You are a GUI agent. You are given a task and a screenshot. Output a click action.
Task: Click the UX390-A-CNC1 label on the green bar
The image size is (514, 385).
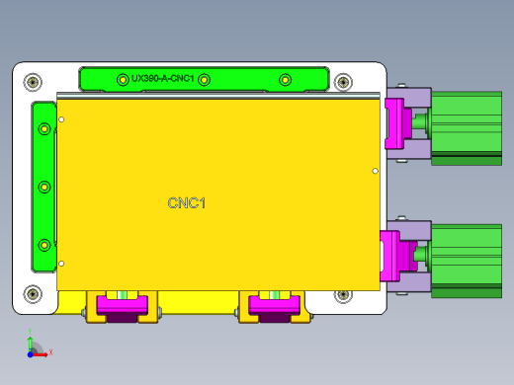[x=162, y=79]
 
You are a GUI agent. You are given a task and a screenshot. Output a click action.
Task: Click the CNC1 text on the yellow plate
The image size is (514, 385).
[x=187, y=203]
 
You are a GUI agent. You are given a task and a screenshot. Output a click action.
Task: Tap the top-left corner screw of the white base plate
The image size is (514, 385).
[x=33, y=81]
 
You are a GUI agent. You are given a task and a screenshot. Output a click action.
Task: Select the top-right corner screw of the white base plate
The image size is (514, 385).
[x=343, y=81]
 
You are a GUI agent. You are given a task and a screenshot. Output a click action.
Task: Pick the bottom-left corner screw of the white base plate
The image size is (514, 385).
[x=33, y=293]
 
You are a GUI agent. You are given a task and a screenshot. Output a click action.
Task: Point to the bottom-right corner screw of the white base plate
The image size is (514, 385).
[x=343, y=294]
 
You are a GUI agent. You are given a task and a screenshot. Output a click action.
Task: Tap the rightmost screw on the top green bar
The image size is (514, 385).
[x=286, y=79]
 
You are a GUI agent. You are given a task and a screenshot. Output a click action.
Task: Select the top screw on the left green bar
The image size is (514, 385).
[x=43, y=129]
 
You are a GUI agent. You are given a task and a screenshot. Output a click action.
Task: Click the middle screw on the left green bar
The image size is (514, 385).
[x=43, y=186]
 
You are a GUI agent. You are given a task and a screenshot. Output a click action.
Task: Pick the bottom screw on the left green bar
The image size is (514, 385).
[x=43, y=244]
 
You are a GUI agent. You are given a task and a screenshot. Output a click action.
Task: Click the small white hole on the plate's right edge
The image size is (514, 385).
[x=375, y=171]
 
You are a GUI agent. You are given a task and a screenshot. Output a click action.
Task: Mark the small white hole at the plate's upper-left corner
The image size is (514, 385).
[x=61, y=119]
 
